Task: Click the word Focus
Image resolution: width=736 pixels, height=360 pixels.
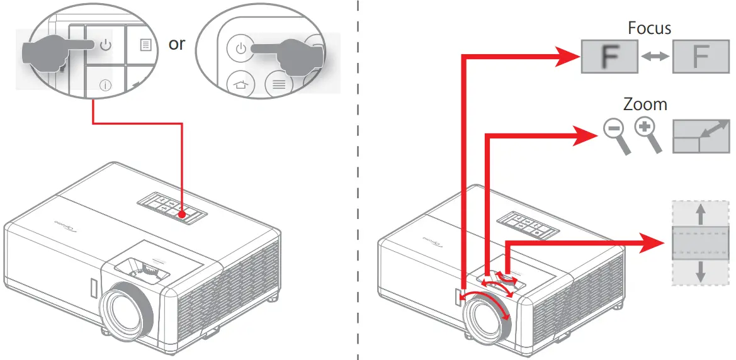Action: [649, 28]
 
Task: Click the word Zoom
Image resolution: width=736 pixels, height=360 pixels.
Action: [645, 104]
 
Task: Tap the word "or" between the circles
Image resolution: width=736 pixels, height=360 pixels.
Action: [177, 45]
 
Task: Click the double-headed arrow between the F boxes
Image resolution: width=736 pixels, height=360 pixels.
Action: [654, 57]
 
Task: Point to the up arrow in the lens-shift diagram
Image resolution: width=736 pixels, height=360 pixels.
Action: [700, 214]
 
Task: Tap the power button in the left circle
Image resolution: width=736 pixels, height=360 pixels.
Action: [105, 45]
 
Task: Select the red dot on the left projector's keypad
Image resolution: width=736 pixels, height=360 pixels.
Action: [182, 214]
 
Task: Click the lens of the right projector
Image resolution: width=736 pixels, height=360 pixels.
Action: [487, 317]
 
